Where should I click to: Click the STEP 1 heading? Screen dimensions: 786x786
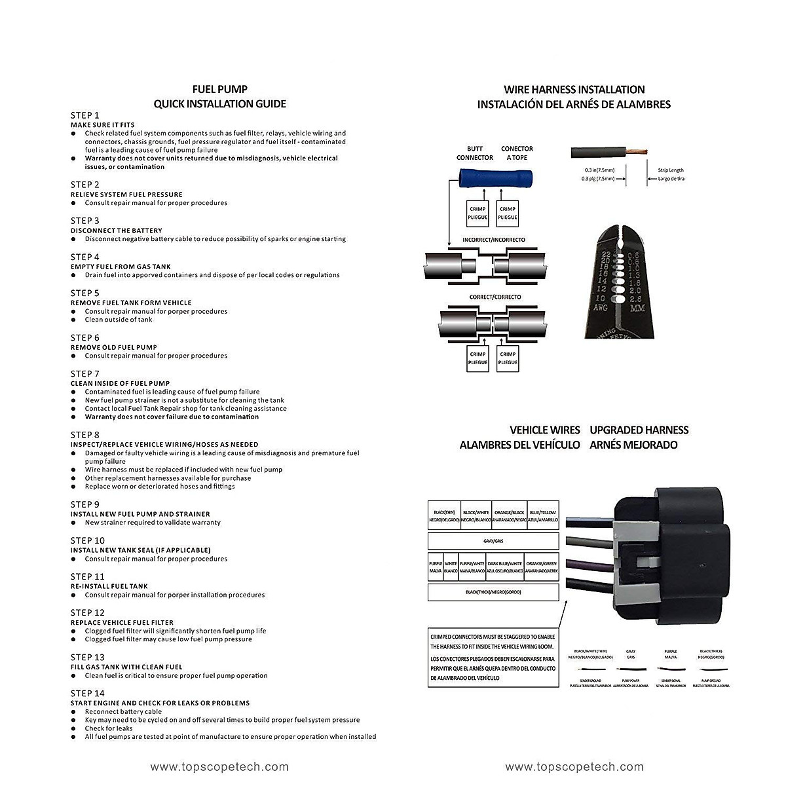tap(85, 115)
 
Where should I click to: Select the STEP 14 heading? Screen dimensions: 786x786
tap(88, 693)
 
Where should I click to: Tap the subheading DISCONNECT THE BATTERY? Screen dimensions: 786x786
tap(116, 231)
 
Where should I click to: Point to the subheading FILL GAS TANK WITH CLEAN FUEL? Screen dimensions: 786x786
tap(126, 667)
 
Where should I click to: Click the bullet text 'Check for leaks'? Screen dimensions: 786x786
tap(109, 728)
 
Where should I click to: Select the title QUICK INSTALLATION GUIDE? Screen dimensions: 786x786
tap(219, 103)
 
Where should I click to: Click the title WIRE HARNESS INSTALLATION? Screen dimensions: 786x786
tap(574, 90)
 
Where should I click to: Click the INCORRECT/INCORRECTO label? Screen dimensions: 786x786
tap(494, 240)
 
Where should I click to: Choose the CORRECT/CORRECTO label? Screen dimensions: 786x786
tap(495, 297)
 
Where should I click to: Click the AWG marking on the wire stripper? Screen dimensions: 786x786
tap(600, 307)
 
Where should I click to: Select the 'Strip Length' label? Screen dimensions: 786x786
tap(671, 170)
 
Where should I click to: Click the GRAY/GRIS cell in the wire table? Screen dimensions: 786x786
tap(493, 542)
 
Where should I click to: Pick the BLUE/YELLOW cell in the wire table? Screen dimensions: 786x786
tap(543, 515)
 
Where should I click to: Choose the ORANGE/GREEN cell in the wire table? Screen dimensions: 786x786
tap(542, 567)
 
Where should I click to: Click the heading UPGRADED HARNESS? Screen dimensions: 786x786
tap(639, 430)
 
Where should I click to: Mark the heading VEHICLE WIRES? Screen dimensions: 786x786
tap(545, 430)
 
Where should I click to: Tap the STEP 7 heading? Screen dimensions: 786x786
tap(85, 374)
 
